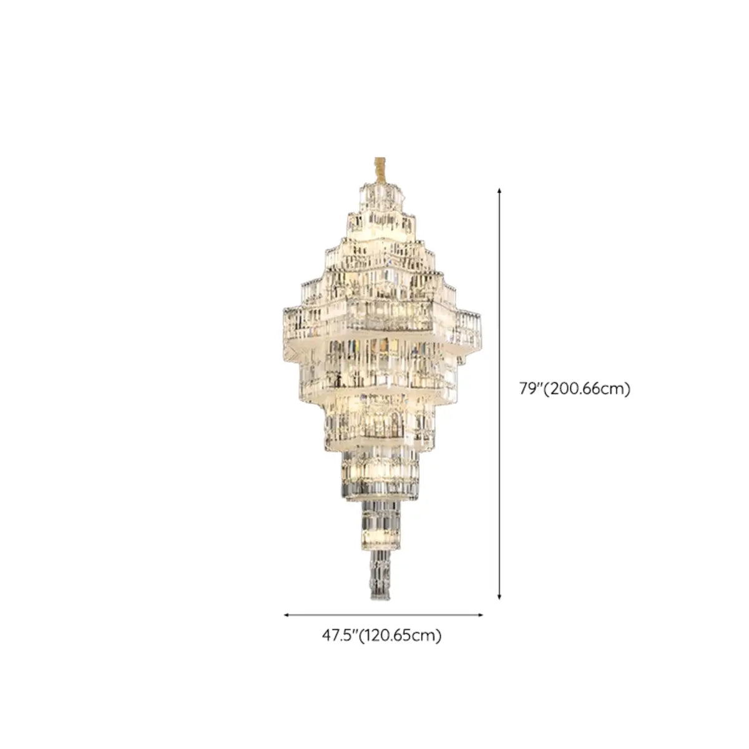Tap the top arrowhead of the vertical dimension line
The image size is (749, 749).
(499, 190)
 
